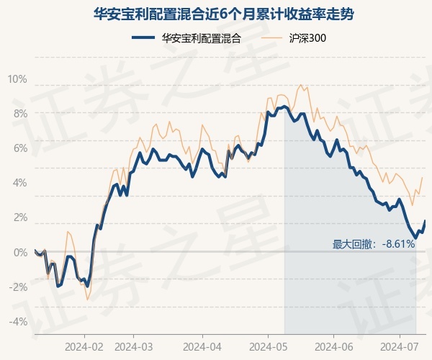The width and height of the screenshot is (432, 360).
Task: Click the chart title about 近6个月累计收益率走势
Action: (x=223, y=14)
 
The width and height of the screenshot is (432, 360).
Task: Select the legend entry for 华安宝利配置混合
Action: (x=186, y=38)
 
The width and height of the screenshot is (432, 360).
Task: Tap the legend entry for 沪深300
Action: (x=294, y=38)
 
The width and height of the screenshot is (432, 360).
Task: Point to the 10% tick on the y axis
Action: (x=17, y=79)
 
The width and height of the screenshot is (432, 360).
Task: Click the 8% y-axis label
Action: (x=20, y=114)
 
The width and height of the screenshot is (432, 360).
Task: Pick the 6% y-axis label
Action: (x=20, y=148)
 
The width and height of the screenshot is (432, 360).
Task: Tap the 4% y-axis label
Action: (x=20, y=183)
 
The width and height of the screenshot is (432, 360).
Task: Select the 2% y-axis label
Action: (x=20, y=217)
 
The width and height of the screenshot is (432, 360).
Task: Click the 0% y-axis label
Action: (x=20, y=252)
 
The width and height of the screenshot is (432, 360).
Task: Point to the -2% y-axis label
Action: (x=18, y=287)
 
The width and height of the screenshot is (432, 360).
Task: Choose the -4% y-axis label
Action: (x=18, y=321)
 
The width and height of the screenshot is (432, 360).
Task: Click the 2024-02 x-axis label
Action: (x=84, y=347)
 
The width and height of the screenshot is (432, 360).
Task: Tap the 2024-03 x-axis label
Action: (x=133, y=347)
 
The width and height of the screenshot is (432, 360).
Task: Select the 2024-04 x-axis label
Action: (x=202, y=347)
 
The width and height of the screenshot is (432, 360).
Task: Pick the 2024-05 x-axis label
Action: (x=268, y=347)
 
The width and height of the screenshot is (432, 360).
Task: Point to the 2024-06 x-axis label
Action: (x=333, y=347)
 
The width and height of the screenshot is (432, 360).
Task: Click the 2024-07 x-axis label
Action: (x=400, y=347)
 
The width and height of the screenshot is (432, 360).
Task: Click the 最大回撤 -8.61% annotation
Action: (x=373, y=244)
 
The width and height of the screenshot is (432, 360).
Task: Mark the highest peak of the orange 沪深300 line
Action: (x=300, y=85)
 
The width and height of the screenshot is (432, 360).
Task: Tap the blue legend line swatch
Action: (x=143, y=37)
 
